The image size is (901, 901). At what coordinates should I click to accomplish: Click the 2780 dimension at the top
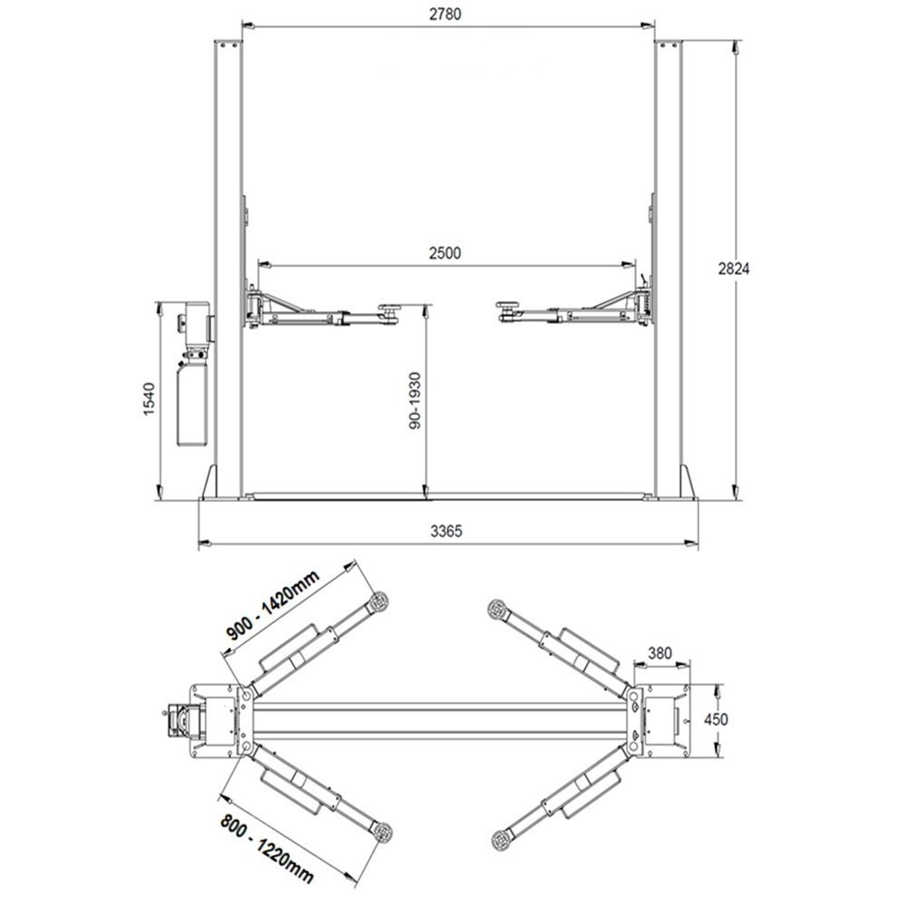tap(446, 14)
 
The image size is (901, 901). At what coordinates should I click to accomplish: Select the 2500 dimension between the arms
tap(446, 253)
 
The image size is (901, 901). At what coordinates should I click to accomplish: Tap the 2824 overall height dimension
tap(734, 269)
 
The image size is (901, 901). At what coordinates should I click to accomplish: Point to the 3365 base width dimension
tap(446, 531)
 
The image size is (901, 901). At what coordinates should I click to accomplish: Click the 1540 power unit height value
tap(149, 399)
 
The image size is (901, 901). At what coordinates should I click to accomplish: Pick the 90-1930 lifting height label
tap(415, 400)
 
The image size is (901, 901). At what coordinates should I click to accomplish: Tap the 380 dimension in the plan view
tap(660, 652)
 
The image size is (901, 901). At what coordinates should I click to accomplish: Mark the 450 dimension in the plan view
tap(716, 719)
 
